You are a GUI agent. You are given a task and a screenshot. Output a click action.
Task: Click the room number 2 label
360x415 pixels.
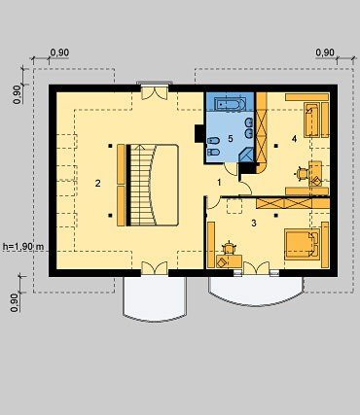[97, 183]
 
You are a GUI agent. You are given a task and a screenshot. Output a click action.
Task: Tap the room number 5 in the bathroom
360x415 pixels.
[231, 139]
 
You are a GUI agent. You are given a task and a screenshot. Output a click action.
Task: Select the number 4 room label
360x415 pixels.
[294, 139]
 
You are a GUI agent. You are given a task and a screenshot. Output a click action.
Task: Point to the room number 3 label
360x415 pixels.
[254, 223]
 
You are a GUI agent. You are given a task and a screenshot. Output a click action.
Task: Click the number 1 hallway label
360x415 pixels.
[219, 183]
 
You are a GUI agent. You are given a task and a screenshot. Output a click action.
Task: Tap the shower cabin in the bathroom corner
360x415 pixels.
[247, 155]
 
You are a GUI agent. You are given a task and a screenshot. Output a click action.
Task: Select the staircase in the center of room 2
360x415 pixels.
[154, 185]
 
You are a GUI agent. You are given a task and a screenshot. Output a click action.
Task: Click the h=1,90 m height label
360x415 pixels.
[23, 247]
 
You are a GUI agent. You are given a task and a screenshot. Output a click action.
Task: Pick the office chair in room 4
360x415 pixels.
[302, 174]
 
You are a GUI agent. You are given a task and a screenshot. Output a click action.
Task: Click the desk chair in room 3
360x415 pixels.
[230, 248]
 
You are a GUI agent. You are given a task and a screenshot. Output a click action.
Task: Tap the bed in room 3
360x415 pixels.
[303, 245]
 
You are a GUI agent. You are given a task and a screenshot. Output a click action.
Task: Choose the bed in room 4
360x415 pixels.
[312, 120]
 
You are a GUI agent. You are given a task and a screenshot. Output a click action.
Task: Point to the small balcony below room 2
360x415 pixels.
[155, 298]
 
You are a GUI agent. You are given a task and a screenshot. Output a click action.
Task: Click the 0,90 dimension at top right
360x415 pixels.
[325, 52]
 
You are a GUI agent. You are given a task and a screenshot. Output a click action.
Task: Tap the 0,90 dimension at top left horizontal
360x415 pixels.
[59, 52]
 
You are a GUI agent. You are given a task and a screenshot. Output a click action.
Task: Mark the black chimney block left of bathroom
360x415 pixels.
[198, 133]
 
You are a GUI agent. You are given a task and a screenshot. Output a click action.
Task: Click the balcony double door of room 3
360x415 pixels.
[256, 268]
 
